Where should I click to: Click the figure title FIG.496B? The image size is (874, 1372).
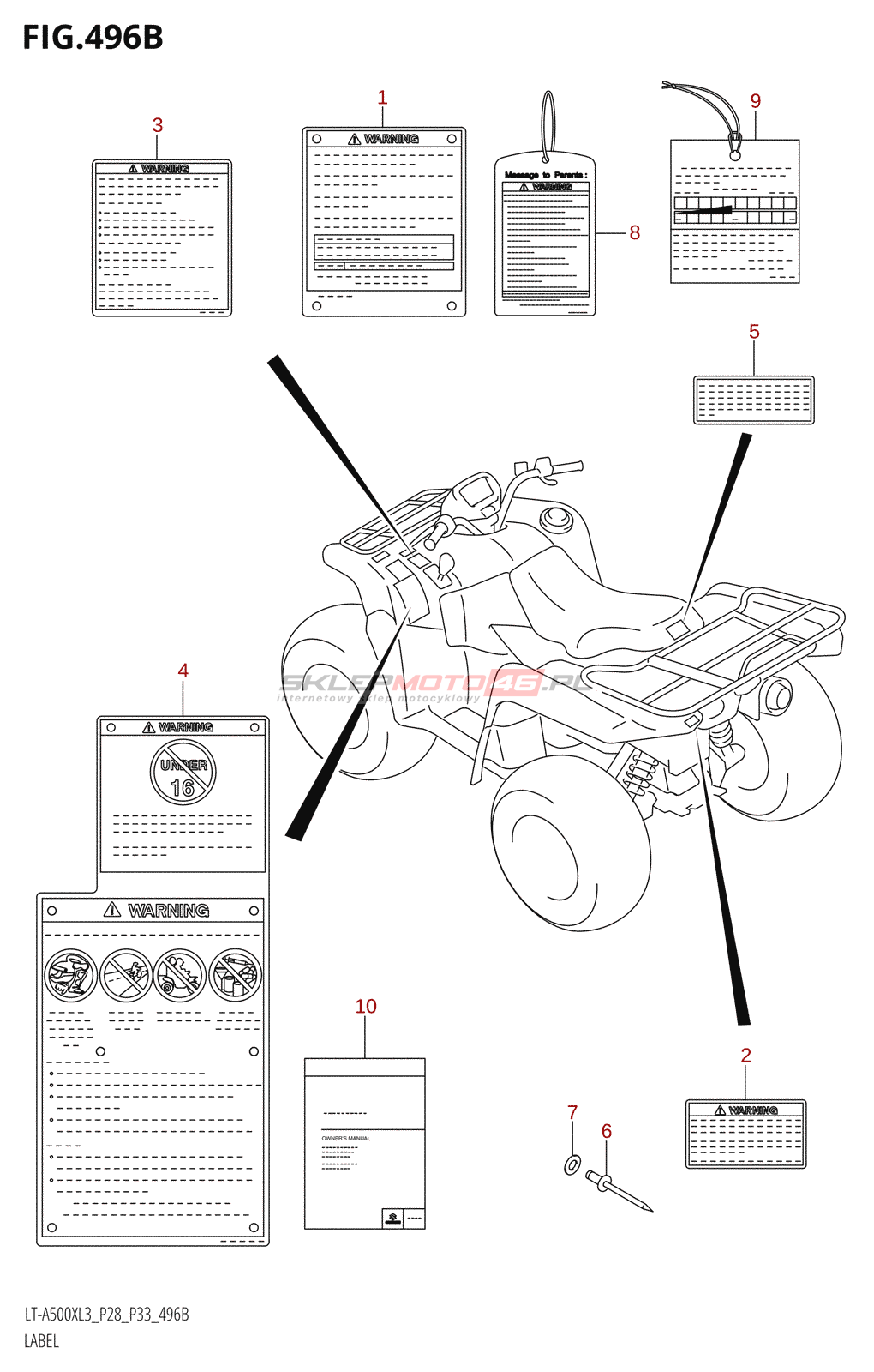coord(93,38)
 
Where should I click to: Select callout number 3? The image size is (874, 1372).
coord(158,125)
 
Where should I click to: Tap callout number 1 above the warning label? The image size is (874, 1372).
coord(382,99)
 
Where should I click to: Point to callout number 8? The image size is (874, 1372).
coord(634,232)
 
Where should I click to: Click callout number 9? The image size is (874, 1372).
coord(755,101)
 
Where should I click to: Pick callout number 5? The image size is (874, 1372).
coord(754,332)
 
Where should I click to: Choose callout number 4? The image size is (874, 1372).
coord(183,671)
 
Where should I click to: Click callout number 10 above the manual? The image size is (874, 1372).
coord(366,1007)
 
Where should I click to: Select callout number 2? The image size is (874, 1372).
coord(745,1056)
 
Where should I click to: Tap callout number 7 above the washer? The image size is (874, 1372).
coord(572,1112)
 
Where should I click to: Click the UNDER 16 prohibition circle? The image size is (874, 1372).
coord(183,773)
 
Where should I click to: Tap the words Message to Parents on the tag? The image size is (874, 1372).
coord(546,175)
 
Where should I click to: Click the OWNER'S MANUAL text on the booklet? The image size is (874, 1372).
coord(346,1139)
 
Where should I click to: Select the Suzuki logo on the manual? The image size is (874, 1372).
coord(392,1219)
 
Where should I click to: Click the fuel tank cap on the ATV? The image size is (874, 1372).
coord(556,517)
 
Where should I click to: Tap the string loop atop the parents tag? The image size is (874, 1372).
coord(548,124)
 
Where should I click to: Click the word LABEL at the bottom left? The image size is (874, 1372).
coord(41,1341)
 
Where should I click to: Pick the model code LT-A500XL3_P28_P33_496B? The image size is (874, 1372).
coord(106,1315)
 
